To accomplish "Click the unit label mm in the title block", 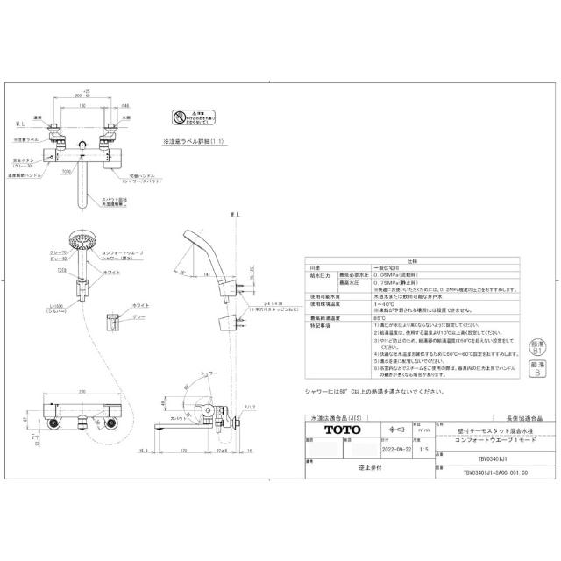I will pos(423,431).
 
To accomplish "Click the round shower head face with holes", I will pos(82,239).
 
